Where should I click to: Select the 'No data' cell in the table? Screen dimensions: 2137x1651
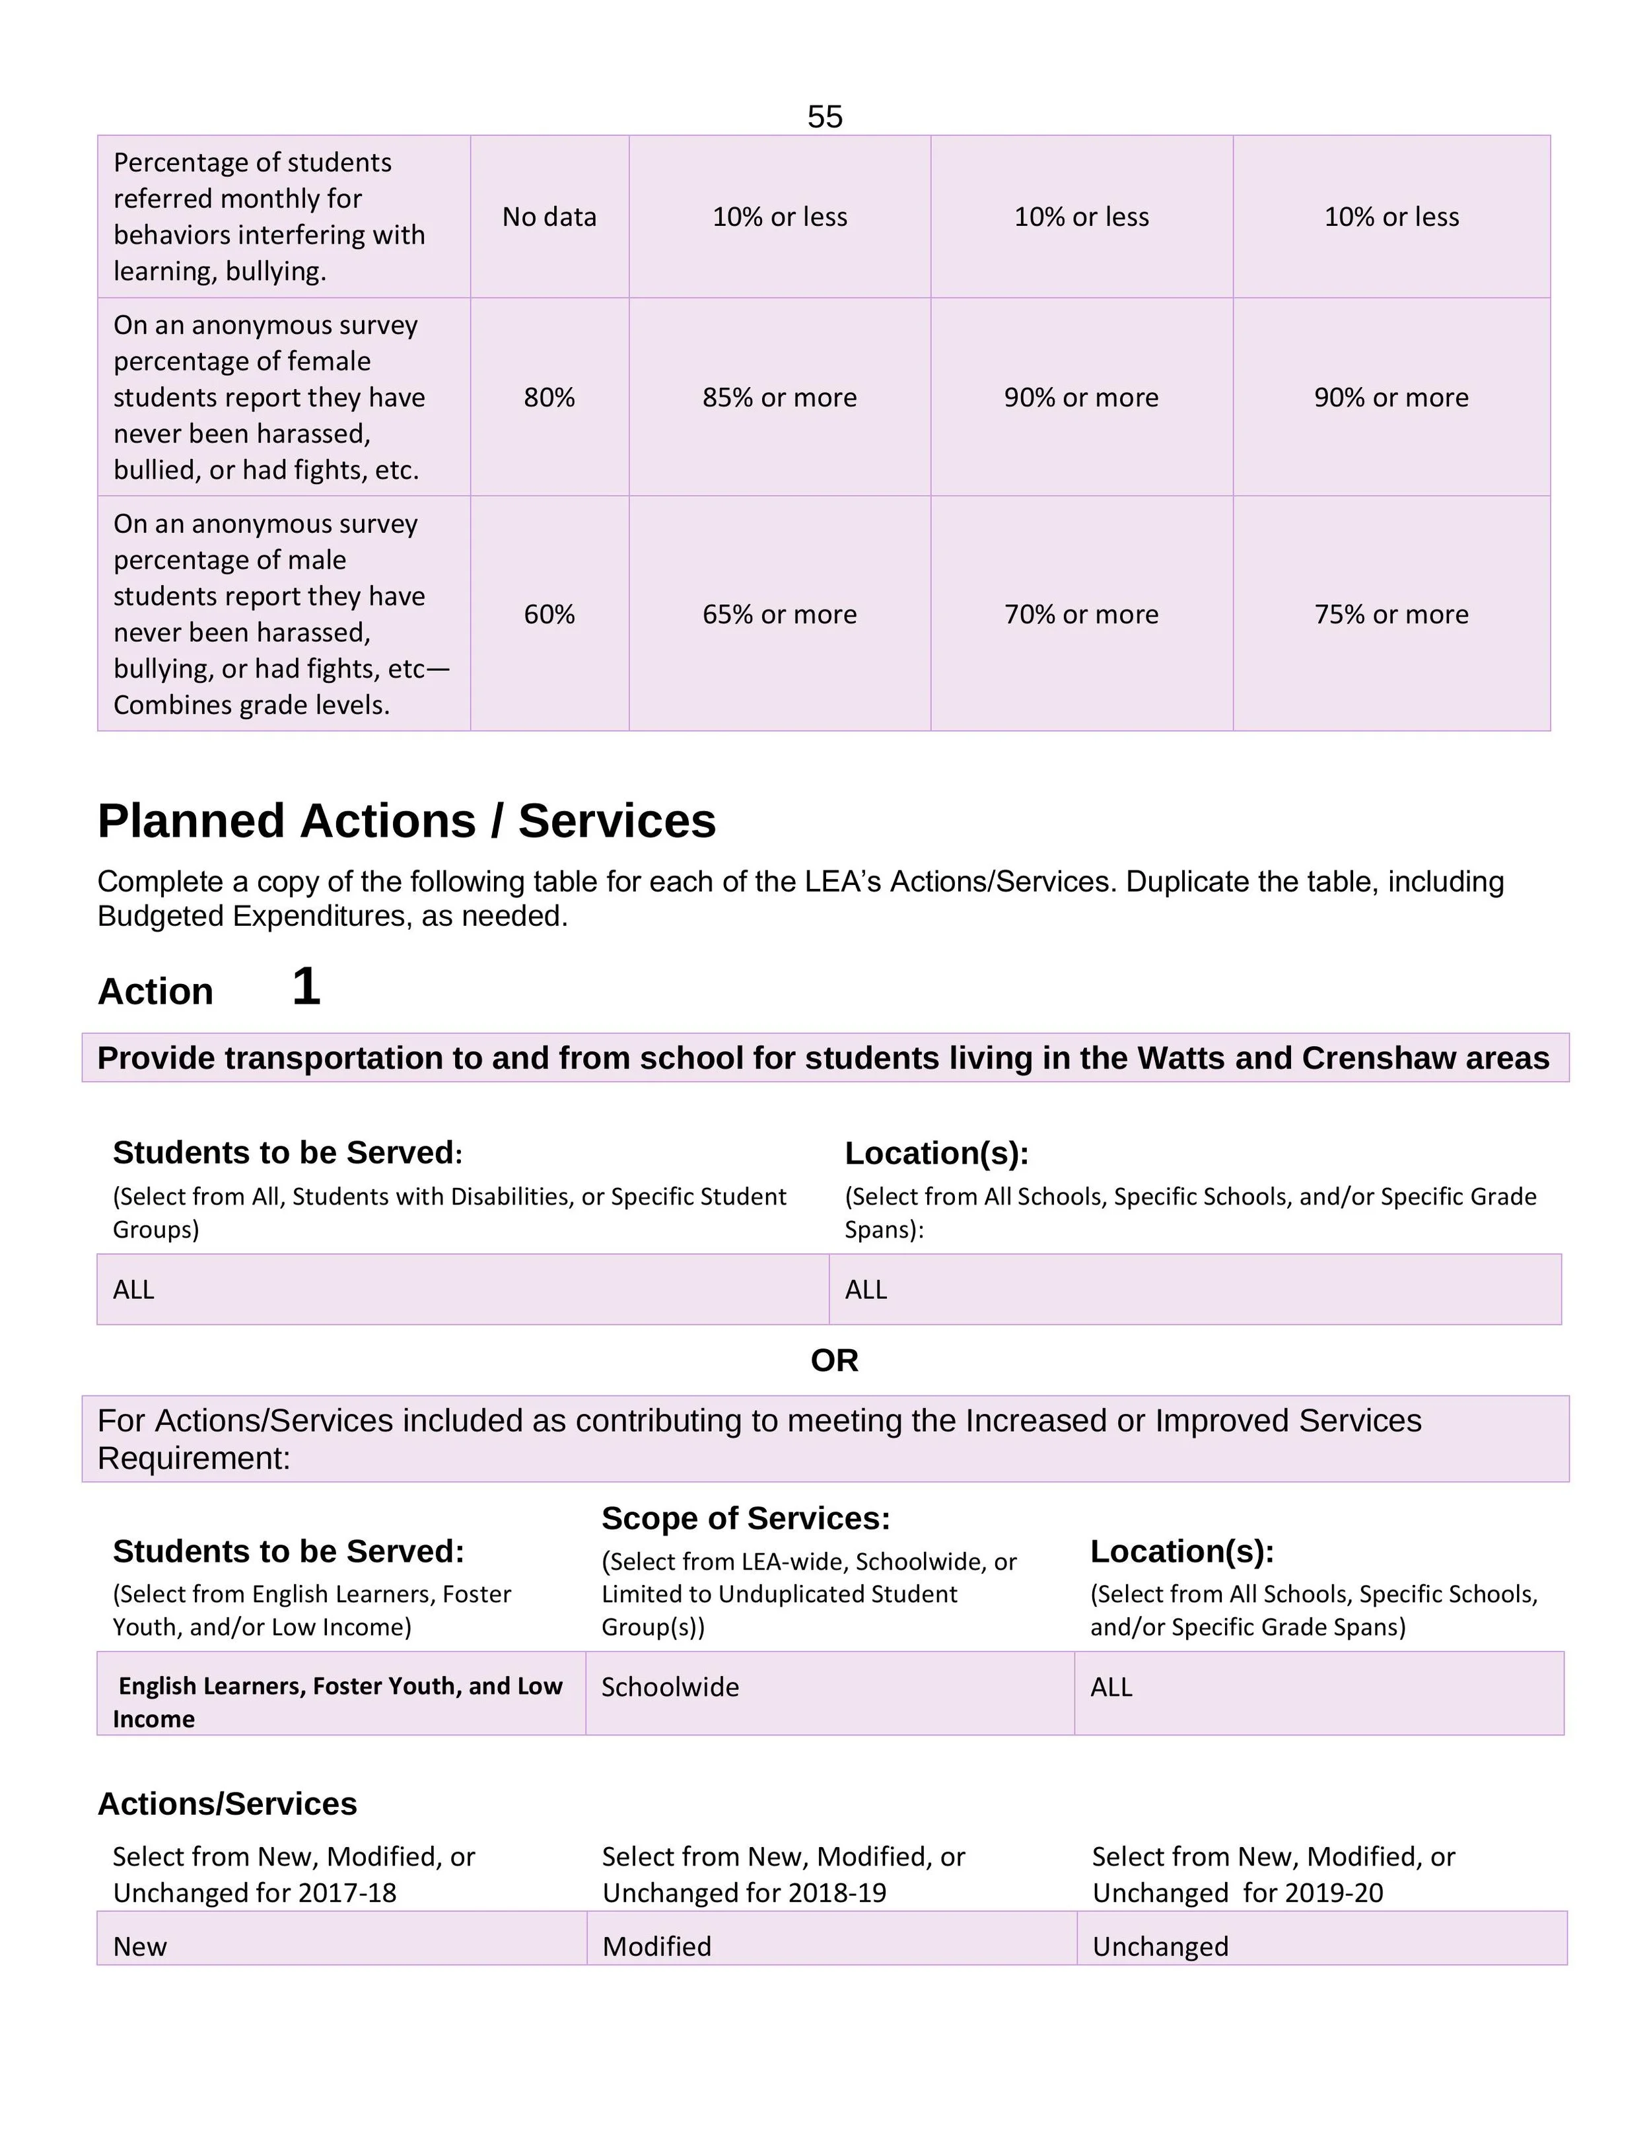coord(549,217)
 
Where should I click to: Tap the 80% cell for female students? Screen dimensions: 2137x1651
coord(549,398)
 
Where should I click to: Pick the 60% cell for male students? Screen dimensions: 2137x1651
coord(549,614)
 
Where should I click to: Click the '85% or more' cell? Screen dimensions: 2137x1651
coord(779,398)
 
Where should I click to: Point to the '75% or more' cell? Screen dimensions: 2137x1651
coord(1391,614)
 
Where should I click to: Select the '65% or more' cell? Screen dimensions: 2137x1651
coord(779,614)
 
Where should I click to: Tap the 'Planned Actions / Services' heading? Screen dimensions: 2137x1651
coord(406,821)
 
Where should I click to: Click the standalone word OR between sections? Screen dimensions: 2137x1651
coord(834,1360)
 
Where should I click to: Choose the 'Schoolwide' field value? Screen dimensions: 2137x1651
coord(670,1687)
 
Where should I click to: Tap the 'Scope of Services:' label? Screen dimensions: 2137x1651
coord(746,1519)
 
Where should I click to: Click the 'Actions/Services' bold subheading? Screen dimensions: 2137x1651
coord(227,1804)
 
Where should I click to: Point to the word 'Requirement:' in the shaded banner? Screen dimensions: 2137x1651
coord(193,1458)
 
